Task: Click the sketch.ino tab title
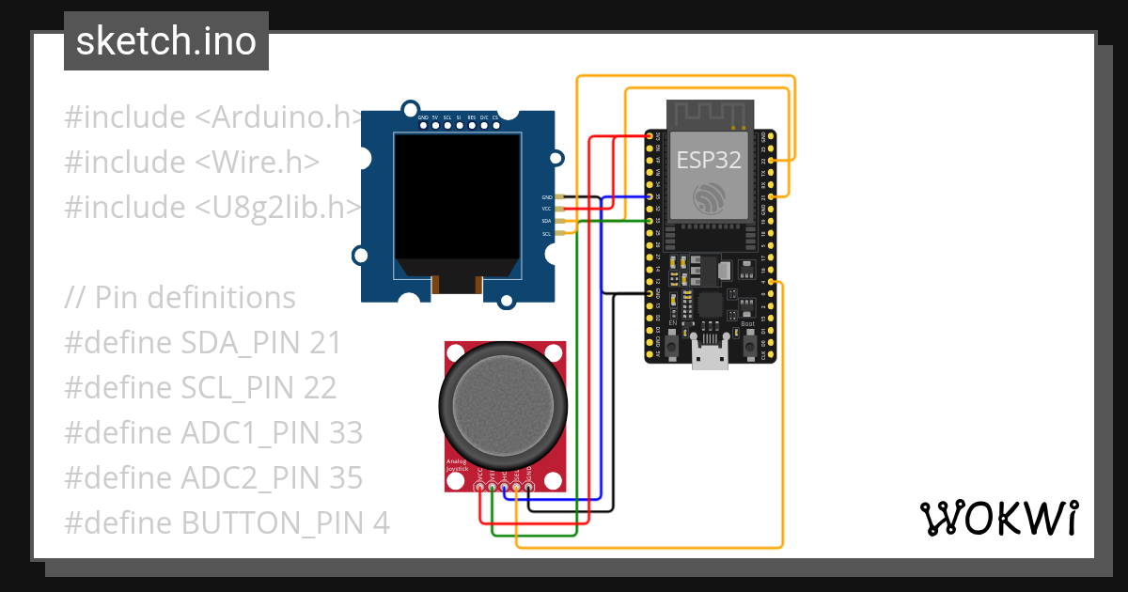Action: pyautogui.click(x=165, y=41)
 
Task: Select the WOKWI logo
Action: pyautogui.click(x=997, y=518)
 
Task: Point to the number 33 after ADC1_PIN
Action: pyautogui.click(x=346, y=432)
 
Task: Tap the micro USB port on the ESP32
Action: pyautogui.click(x=710, y=356)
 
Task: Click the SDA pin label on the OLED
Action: pyautogui.click(x=546, y=221)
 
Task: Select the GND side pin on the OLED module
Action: pyautogui.click(x=561, y=196)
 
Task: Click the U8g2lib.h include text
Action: pyautogui.click(x=278, y=207)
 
